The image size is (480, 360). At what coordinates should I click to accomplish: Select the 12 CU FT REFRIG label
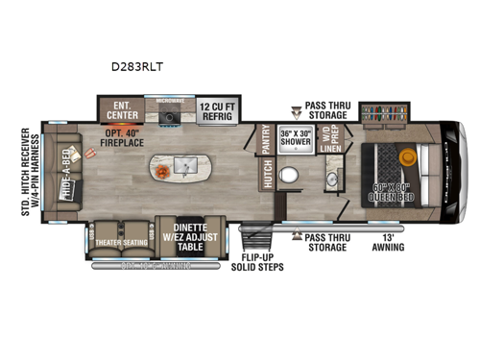point(226,109)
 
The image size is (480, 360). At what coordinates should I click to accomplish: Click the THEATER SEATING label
point(122,242)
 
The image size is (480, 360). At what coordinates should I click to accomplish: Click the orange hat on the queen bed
point(407,155)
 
